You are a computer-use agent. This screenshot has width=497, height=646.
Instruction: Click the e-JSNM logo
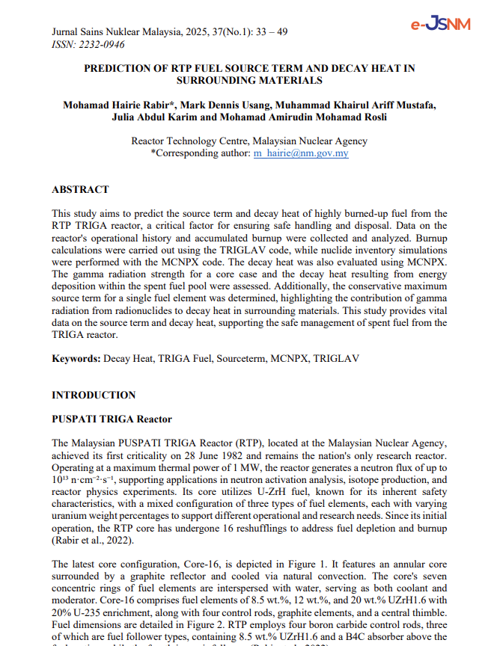click(440, 24)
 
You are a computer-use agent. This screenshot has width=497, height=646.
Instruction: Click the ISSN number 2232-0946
click(100, 45)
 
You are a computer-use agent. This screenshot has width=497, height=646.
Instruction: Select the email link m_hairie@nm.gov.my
click(300, 153)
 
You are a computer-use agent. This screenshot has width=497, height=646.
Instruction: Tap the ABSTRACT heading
click(80, 190)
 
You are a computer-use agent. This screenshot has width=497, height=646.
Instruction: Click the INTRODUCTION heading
click(94, 395)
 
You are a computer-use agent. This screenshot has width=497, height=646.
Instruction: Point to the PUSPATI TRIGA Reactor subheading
click(112, 419)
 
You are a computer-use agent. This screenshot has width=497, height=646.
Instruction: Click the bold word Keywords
click(76, 359)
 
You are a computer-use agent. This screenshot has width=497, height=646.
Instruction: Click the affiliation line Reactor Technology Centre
click(249, 141)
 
